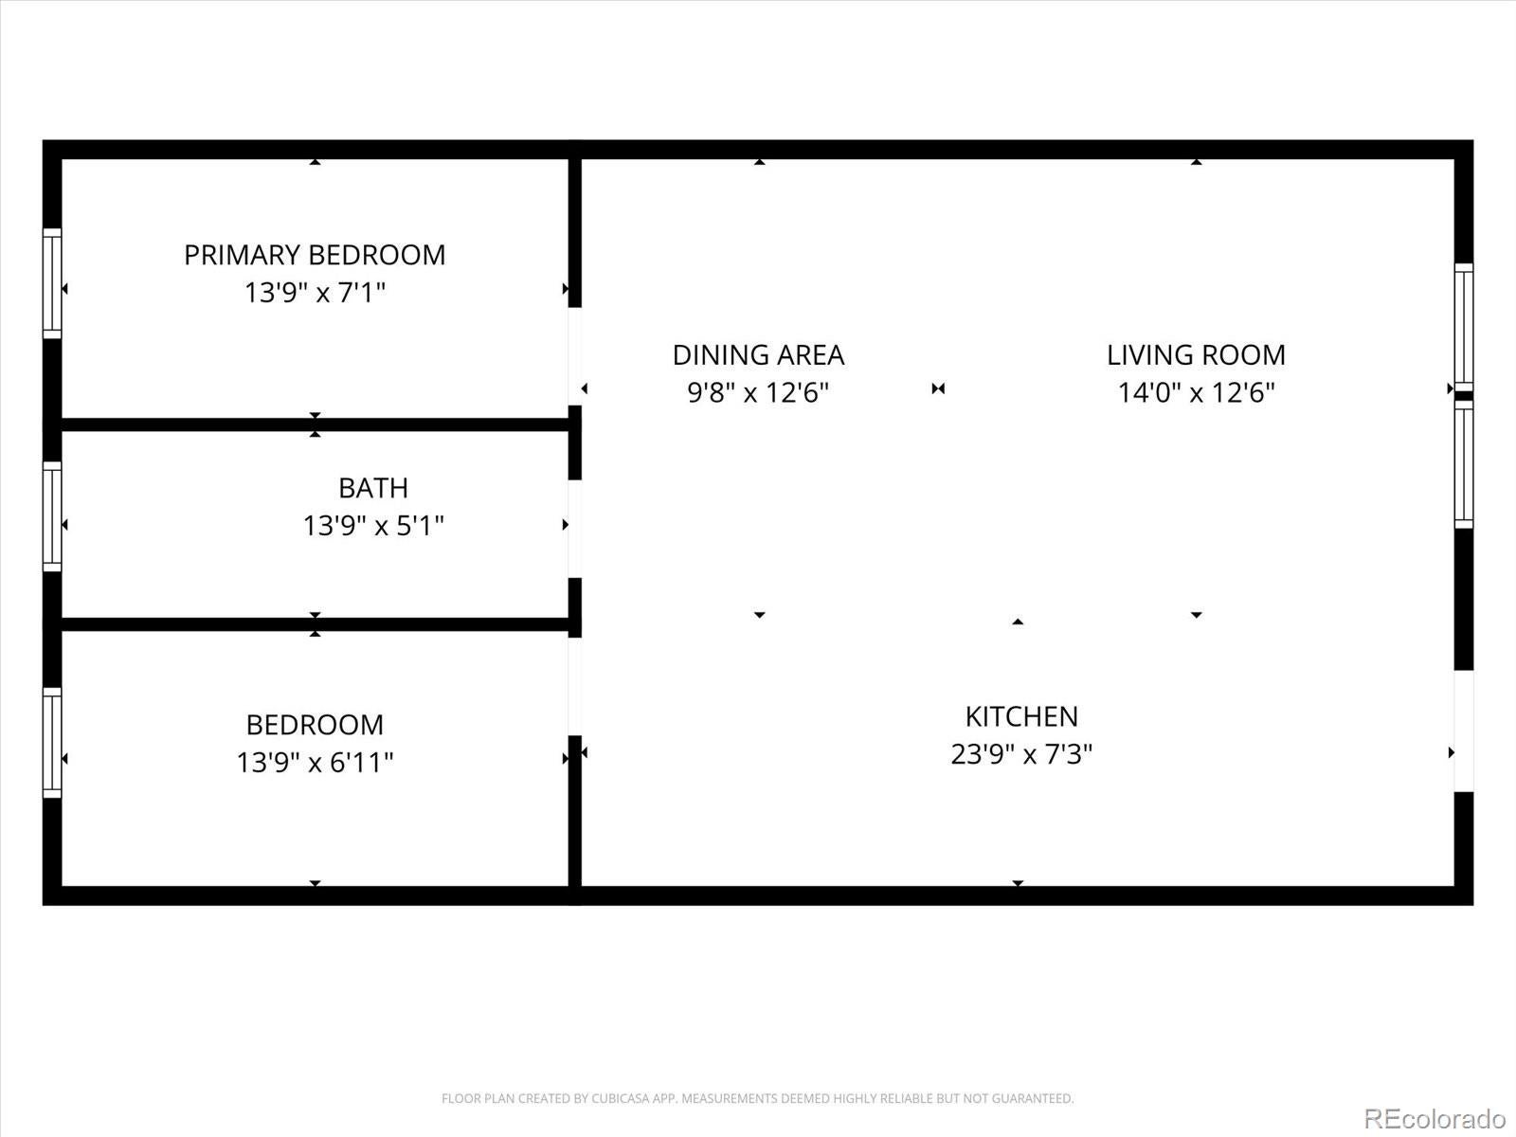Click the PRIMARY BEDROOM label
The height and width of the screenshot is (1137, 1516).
pos(315,255)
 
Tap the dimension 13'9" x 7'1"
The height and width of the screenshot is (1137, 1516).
pos(315,293)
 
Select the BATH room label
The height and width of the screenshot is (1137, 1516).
pos(373,488)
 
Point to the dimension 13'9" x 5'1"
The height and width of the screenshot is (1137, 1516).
pos(373,526)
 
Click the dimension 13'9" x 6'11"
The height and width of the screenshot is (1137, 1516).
pos(315,762)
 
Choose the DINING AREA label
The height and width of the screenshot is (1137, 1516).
pos(758,355)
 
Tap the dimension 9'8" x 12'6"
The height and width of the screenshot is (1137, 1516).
pos(758,392)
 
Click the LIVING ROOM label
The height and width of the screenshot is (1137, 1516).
pos(1196,355)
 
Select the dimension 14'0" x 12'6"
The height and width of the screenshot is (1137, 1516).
pos(1196,392)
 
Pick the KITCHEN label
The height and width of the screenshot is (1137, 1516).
pos(1021,716)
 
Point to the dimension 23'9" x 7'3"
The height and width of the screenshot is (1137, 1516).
pos(1021,754)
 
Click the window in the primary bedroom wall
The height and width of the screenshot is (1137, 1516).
pos(52,282)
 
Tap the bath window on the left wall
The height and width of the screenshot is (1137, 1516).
pos(52,516)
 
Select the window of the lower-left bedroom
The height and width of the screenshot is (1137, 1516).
pos(52,742)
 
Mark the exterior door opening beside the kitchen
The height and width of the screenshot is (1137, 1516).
pos(1464,731)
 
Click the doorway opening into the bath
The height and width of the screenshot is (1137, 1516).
pos(574,529)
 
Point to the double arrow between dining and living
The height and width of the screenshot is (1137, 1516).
pos(938,388)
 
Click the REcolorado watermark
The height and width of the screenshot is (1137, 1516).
pos(1435,1118)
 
